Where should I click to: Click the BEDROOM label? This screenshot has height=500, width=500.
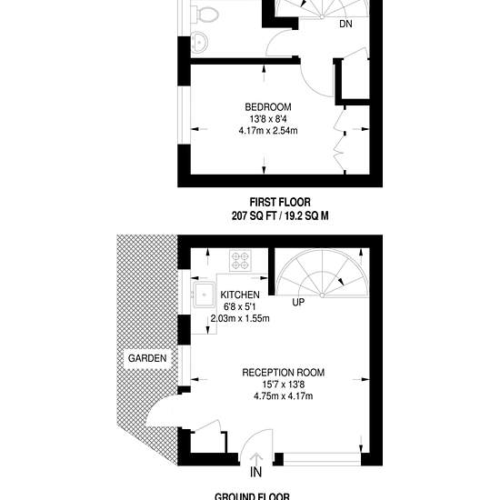(x=268, y=107)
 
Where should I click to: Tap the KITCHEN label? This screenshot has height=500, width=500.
(x=240, y=295)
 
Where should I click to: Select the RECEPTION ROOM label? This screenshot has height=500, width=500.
(x=283, y=373)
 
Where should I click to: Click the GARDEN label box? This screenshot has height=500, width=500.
(x=147, y=358)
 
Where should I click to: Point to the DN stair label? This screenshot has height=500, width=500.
(x=345, y=24)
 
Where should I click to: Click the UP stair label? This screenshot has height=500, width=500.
(x=298, y=302)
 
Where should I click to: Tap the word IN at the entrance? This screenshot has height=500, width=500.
(x=256, y=472)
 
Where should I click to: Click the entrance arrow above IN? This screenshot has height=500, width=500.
(x=256, y=458)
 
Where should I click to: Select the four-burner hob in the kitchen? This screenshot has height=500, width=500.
(x=240, y=261)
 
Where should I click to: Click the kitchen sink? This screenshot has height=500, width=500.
(x=203, y=295)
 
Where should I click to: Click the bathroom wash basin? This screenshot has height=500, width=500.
(x=199, y=42)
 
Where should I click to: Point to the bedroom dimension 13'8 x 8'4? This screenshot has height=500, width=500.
(x=268, y=119)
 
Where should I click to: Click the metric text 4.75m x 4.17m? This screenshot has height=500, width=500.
(x=283, y=396)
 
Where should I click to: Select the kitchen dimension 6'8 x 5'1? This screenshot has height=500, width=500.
(x=240, y=306)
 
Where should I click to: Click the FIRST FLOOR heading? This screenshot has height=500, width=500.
(x=280, y=203)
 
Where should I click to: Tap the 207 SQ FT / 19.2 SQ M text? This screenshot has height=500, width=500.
(x=280, y=216)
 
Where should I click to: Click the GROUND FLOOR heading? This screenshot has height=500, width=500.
(x=252, y=496)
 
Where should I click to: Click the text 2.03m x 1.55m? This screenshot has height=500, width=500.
(x=240, y=318)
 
